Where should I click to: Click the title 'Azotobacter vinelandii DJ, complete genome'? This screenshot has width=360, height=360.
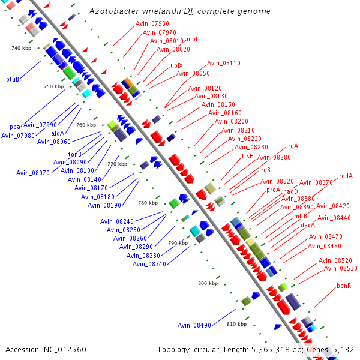[x=179, y=11]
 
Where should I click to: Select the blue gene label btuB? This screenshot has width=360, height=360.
[x=13, y=79]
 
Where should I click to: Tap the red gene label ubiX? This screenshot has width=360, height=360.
[x=176, y=65]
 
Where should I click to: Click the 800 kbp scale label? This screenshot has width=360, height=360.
[x=207, y=283]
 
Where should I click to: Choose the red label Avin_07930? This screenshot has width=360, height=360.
[x=152, y=23]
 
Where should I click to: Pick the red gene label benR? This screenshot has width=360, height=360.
[x=344, y=285]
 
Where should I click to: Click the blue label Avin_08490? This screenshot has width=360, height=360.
[x=194, y=325]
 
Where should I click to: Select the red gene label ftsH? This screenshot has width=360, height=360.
[x=248, y=156]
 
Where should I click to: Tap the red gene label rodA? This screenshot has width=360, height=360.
[x=346, y=176]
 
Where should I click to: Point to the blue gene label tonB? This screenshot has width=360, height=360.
[x=74, y=154]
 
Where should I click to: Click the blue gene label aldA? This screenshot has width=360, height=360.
[x=58, y=133]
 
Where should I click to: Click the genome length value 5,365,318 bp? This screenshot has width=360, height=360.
[x=296, y=349]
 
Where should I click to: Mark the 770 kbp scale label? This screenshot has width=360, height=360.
[x=117, y=164]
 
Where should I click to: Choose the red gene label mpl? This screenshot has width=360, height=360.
[x=192, y=39]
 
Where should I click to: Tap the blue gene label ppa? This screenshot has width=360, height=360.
[x=14, y=127]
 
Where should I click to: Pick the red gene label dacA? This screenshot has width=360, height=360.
[x=308, y=225]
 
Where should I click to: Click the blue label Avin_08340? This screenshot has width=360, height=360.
[x=149, y=264]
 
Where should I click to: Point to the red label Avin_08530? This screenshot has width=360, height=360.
[x=341, y=268]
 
